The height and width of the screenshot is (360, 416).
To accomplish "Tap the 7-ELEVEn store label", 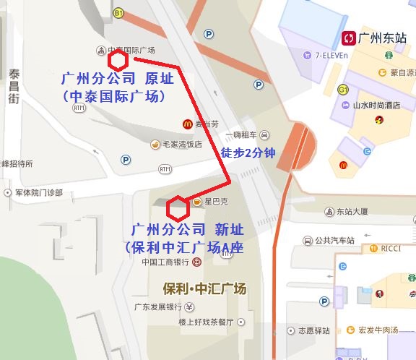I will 331,55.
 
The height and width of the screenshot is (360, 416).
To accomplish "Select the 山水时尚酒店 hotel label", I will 376,106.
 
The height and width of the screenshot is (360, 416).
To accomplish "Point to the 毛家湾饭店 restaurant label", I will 182,144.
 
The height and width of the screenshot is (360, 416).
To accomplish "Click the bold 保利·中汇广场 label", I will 205,288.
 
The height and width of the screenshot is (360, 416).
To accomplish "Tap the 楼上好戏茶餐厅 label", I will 206,322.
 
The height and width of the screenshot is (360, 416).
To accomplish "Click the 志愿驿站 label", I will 313,331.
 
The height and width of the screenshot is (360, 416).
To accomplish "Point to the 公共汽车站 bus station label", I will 334,240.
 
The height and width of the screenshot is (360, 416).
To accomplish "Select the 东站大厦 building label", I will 352,212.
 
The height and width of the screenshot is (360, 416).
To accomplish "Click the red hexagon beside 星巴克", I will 176,208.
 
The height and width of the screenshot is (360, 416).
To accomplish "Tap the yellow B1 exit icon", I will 118,13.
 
